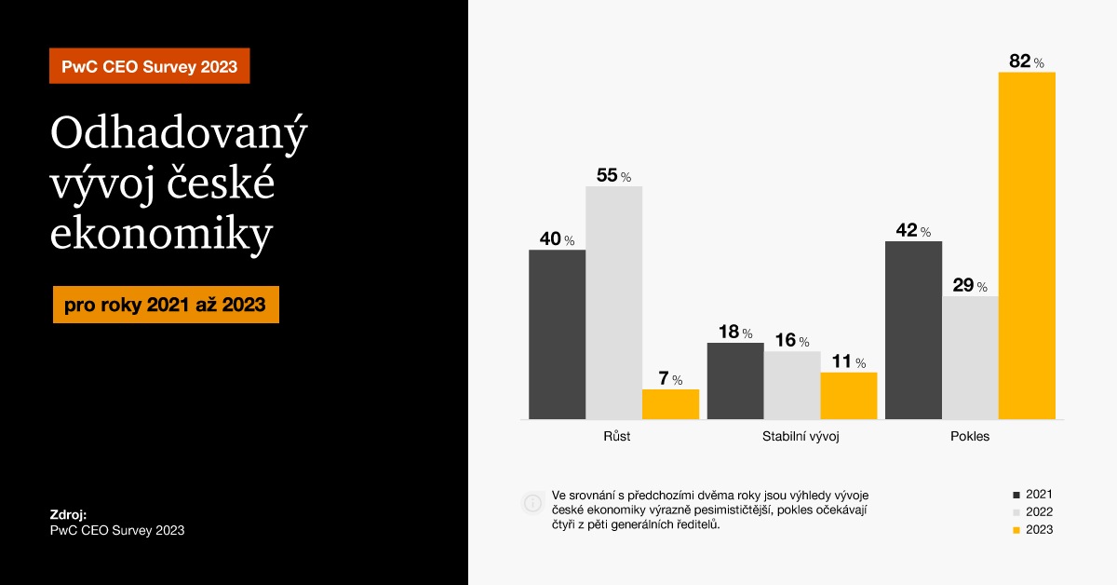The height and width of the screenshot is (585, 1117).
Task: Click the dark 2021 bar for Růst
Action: [557, 334]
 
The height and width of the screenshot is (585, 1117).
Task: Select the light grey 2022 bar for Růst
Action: [613, 303]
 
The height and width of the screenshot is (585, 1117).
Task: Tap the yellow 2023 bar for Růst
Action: [670, 404]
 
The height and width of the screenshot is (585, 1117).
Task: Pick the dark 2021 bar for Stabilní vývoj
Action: [735, 381]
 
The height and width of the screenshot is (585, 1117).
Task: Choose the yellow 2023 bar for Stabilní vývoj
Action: [848, 396]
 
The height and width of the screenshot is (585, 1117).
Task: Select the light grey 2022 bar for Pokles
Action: [970, 358]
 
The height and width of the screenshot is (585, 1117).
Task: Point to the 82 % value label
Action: [1026, 61]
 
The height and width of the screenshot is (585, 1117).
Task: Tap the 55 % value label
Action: [613, 175]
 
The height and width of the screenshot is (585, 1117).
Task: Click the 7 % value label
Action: [670, 379]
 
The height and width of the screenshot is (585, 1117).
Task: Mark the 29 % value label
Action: [970, 285]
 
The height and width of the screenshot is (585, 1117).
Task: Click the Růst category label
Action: [616, 436]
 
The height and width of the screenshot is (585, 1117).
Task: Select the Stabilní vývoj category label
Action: [801, 436]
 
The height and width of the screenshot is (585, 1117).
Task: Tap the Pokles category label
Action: [970, 436]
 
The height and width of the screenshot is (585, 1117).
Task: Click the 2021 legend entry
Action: [1033, 494]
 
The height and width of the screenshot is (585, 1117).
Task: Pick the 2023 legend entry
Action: [1033, 529]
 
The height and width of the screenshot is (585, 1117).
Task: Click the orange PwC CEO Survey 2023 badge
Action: [149, 66]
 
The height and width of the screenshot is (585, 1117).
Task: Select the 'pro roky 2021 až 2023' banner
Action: [166, 305]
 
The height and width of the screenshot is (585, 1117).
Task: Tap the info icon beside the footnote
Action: [532, 503]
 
